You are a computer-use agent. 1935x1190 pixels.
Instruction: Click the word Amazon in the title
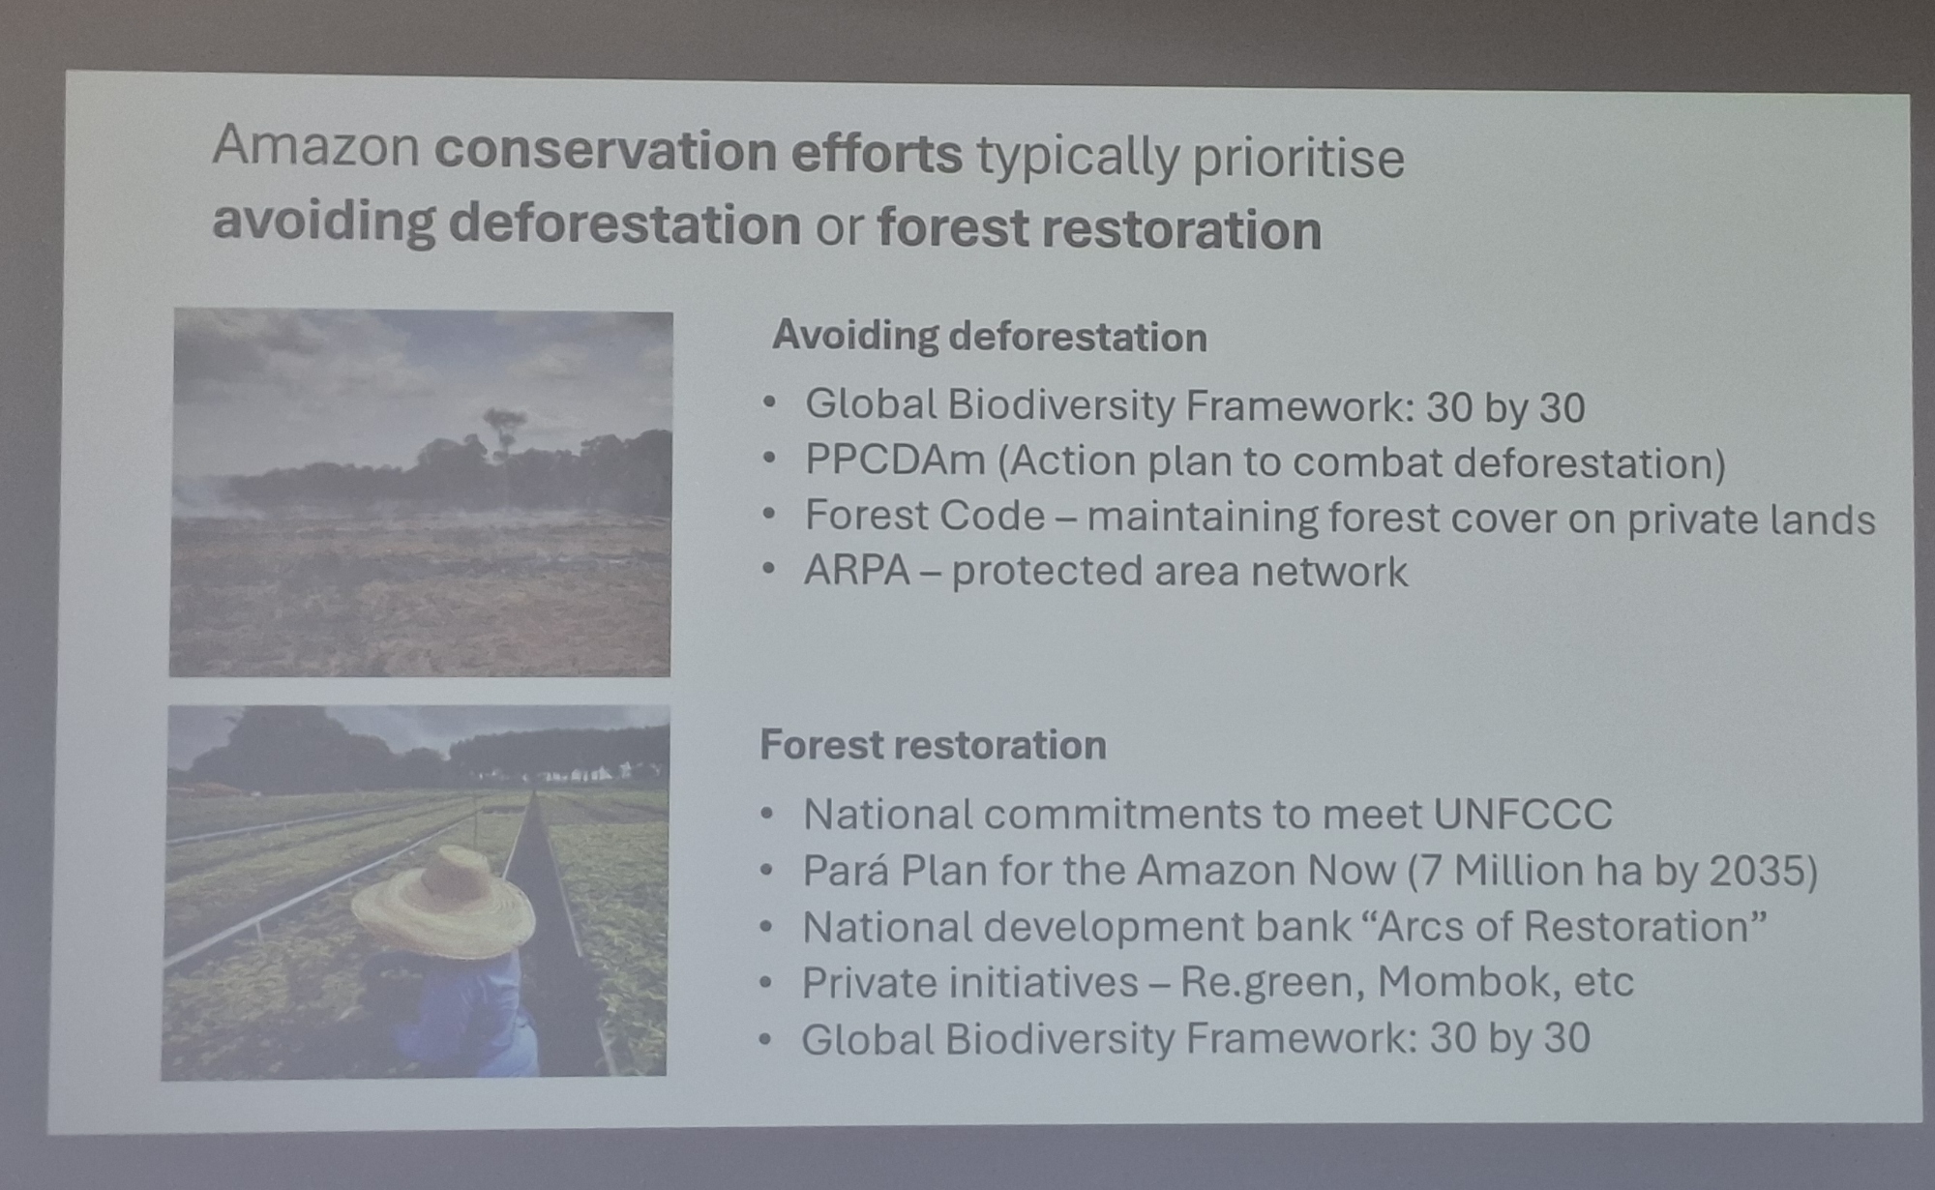pos(315,147)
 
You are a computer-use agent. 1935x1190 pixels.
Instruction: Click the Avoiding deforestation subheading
pos(989,337)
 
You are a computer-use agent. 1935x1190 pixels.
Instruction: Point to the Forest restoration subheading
pos(933,745)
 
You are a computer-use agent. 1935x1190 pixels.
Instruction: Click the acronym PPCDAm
pos(895,460)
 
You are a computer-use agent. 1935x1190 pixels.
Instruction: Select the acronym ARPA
pos(857,571)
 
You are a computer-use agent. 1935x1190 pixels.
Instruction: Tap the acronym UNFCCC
pos(1522,815)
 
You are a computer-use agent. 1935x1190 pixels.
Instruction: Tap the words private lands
pos(1750,520)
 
